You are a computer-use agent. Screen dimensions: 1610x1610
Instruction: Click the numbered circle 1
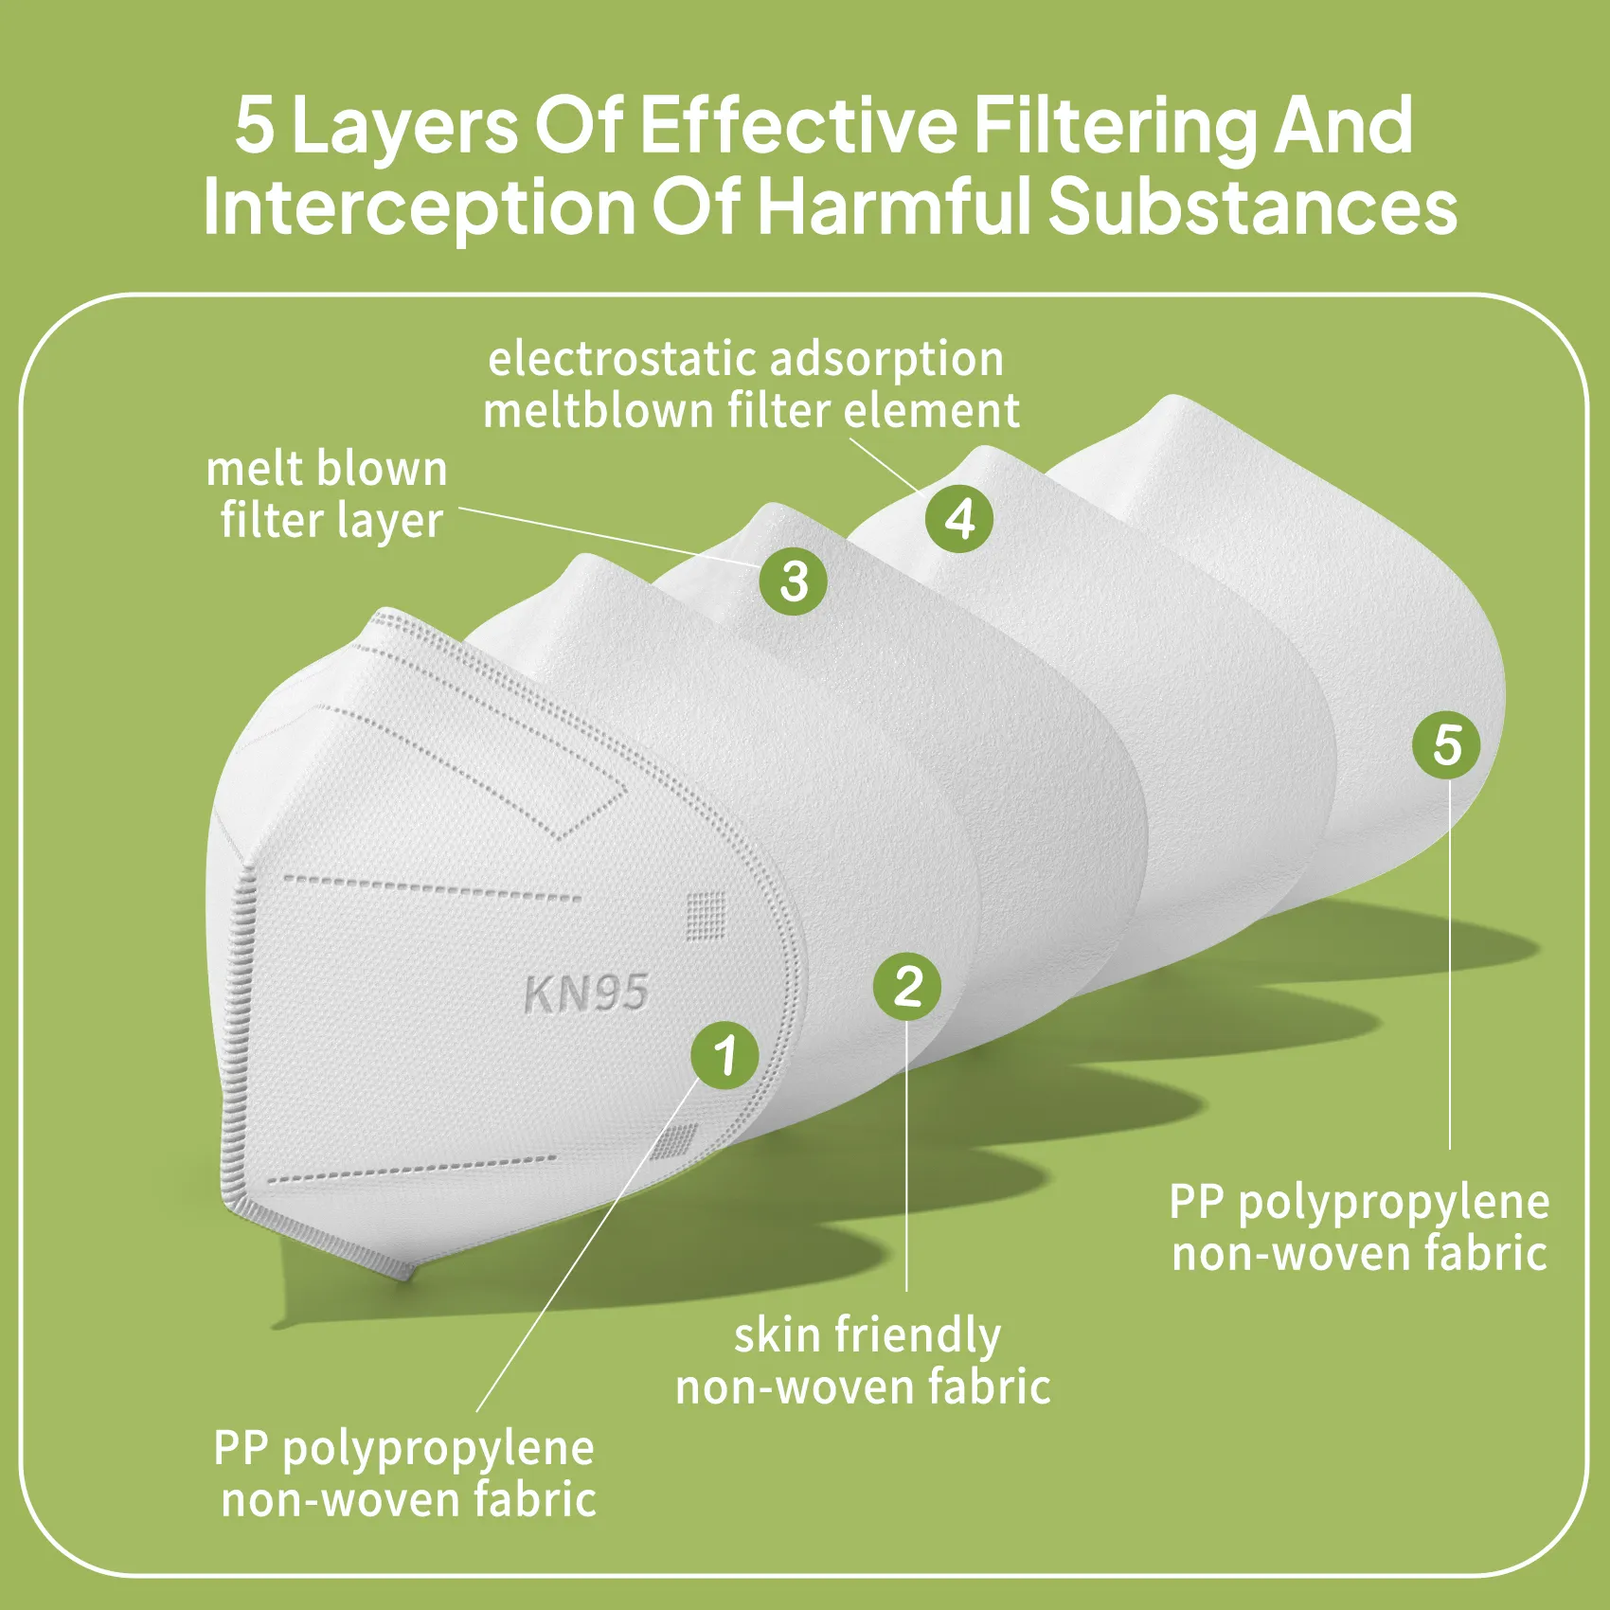(x=724, y=1055)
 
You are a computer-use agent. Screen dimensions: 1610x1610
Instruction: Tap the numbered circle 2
(x=907, y=987)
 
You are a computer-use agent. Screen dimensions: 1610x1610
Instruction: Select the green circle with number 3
(x=794, y=581)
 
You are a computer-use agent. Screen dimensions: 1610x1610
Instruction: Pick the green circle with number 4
(x=959, y=518)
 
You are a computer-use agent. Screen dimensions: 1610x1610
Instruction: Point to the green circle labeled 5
(x=1446, y=745)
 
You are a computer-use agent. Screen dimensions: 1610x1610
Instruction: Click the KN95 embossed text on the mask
(x=585, y=993)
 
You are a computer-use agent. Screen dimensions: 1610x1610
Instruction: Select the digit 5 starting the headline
(x=255, y=125)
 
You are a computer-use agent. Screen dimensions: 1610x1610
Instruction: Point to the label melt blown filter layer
(x=328, y=495)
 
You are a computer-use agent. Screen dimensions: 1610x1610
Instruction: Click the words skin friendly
(x=868, y=1335)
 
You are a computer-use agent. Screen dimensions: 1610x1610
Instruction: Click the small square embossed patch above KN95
(x=706, y=916)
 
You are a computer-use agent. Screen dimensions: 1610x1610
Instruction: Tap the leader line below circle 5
(x=1449, y=966)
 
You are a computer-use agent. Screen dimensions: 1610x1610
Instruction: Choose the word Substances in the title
(x=1252, y=206)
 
